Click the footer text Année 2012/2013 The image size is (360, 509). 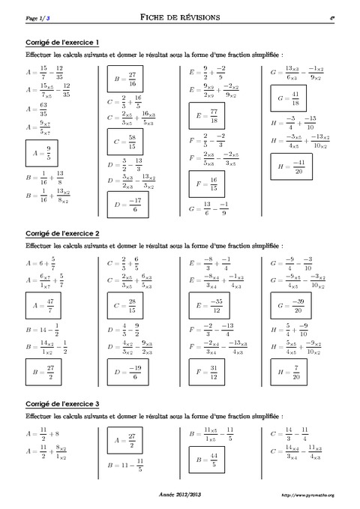(179, 495)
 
